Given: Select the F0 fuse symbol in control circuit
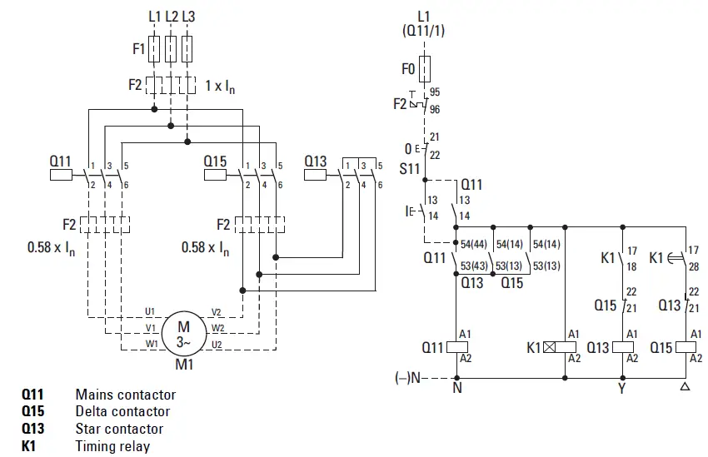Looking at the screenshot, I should click(x=425, y=68).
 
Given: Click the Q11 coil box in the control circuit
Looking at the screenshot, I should click(x=456, y=346).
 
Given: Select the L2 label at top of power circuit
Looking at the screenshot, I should click(x=171, y=16).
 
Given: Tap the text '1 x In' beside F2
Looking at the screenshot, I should click(x=220, y=85).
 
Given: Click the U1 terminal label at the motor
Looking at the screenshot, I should click(x=150, y=311).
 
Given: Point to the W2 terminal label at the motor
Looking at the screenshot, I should click(x=217, y=328).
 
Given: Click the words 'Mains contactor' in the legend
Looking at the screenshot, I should click(x=125, y=395).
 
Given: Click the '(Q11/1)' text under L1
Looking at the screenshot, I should click(x=425, y=32).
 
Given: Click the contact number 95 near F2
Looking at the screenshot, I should click(x=436, y=93).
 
